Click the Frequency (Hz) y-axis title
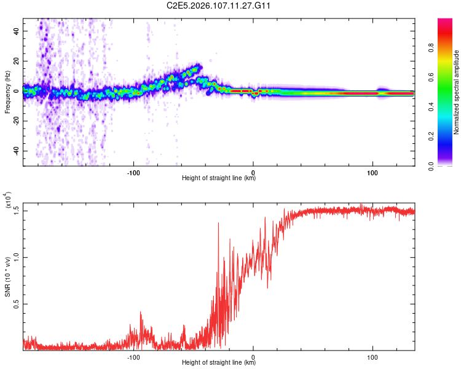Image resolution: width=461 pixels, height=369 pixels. (x=7, y=93)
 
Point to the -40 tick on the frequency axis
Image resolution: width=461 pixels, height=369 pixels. (x=15, y=151)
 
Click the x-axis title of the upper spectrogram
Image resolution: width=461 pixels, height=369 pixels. (x=219, y=178)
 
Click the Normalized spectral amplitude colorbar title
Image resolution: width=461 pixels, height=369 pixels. (x=457, y=92)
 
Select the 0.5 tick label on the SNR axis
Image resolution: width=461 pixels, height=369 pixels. (x=15, y=304)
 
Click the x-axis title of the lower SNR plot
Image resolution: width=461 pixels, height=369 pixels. (x=219, y=363)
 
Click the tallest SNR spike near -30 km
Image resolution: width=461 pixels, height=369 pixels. (x=219, y=224)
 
